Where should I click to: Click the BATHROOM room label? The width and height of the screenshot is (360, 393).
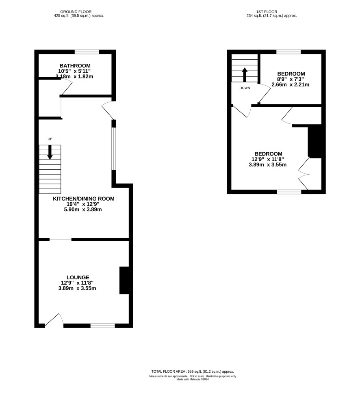75,66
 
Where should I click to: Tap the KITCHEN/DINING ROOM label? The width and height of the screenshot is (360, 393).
84,199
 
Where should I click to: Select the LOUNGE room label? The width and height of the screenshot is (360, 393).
78,277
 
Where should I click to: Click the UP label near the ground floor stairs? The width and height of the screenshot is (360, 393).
50,139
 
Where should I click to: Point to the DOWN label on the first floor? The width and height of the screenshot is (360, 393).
245,88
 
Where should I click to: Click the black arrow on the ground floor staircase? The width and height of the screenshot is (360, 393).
50,152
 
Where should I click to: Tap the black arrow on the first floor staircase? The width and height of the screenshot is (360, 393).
245,74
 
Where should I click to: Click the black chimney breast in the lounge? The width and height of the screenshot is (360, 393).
124,280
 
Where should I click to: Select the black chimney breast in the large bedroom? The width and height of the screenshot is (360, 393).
315,141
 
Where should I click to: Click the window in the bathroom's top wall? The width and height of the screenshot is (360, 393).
87,52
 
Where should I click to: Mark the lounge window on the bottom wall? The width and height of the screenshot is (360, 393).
103,326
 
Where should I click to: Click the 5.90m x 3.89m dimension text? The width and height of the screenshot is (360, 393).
83,209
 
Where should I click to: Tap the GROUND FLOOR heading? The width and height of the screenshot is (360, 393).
76,11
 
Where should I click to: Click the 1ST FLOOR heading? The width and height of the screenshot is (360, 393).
267,11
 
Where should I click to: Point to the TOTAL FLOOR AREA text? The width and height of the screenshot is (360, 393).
193,371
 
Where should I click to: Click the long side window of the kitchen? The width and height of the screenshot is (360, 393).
114,149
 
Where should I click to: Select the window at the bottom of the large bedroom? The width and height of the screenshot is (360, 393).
289,192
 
